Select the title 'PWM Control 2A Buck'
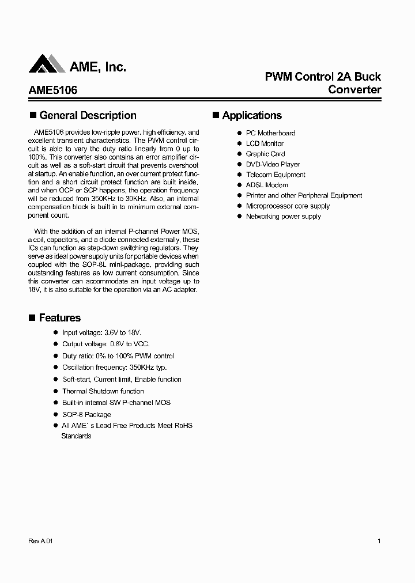(x=322, y=77)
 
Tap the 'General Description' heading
(x=88, y=116)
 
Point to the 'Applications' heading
(x=252, y=116)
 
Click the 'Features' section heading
(x=59, y=318)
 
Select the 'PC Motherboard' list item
(x=270, y=133)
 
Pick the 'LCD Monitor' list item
(x=265, y=143)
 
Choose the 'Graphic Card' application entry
(x=265, y=154)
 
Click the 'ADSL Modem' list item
(x=267, y=185)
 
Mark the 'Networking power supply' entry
(x=283, y=217)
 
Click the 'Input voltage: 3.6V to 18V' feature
(x=101, y=333)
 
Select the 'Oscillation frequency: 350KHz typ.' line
(x=114, y=368)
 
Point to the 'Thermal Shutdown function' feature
(x=103, y=391)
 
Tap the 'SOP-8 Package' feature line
(x=86, y=414)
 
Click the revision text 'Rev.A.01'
(x=40, y=542)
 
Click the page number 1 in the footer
(x=379, y=542)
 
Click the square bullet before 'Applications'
(x=216, y=115)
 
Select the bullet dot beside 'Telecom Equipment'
(x=239, y=175)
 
